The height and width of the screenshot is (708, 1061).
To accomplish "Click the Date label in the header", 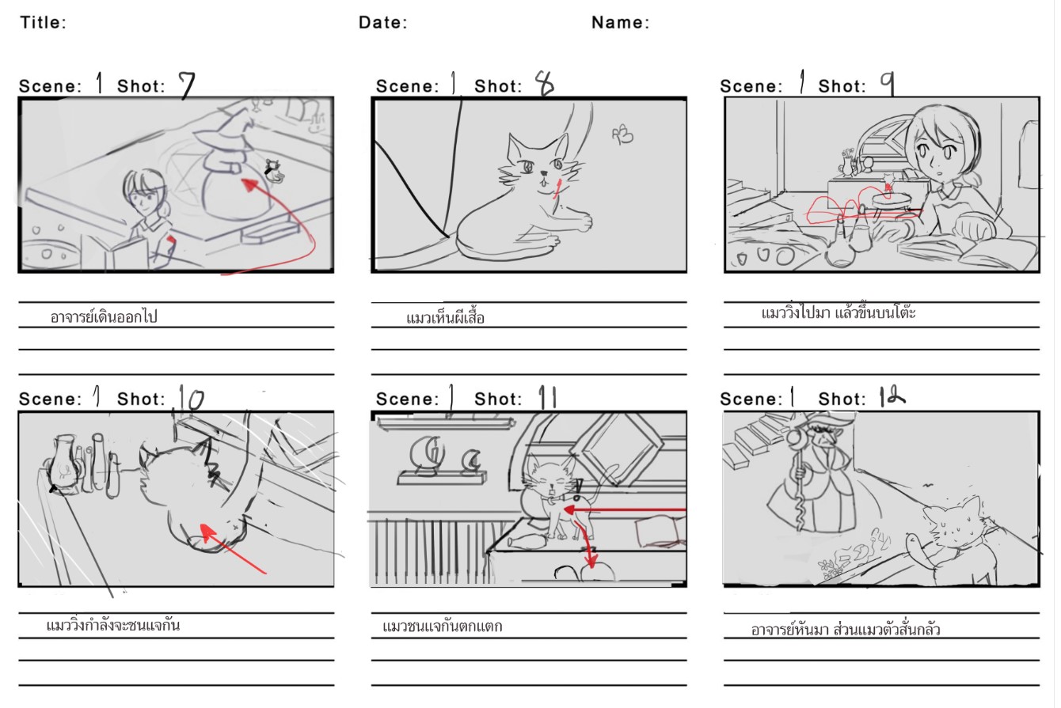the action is point(382,22).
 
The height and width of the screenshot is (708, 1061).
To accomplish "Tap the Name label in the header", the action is point(618,22).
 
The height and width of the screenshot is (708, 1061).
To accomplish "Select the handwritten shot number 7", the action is point(187,84).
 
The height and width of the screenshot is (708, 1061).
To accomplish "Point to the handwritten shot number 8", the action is point(544,83).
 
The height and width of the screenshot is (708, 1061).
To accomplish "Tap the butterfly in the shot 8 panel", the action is point(622,135).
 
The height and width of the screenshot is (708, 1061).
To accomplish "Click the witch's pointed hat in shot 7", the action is point(226,129).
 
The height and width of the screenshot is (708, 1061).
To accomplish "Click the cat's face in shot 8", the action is point(540,165).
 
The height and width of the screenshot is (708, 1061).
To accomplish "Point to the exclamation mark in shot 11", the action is point(578,490).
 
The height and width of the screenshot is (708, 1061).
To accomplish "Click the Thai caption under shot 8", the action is point(445,317).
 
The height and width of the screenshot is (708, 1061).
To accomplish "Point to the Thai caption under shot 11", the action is point(442,627).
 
